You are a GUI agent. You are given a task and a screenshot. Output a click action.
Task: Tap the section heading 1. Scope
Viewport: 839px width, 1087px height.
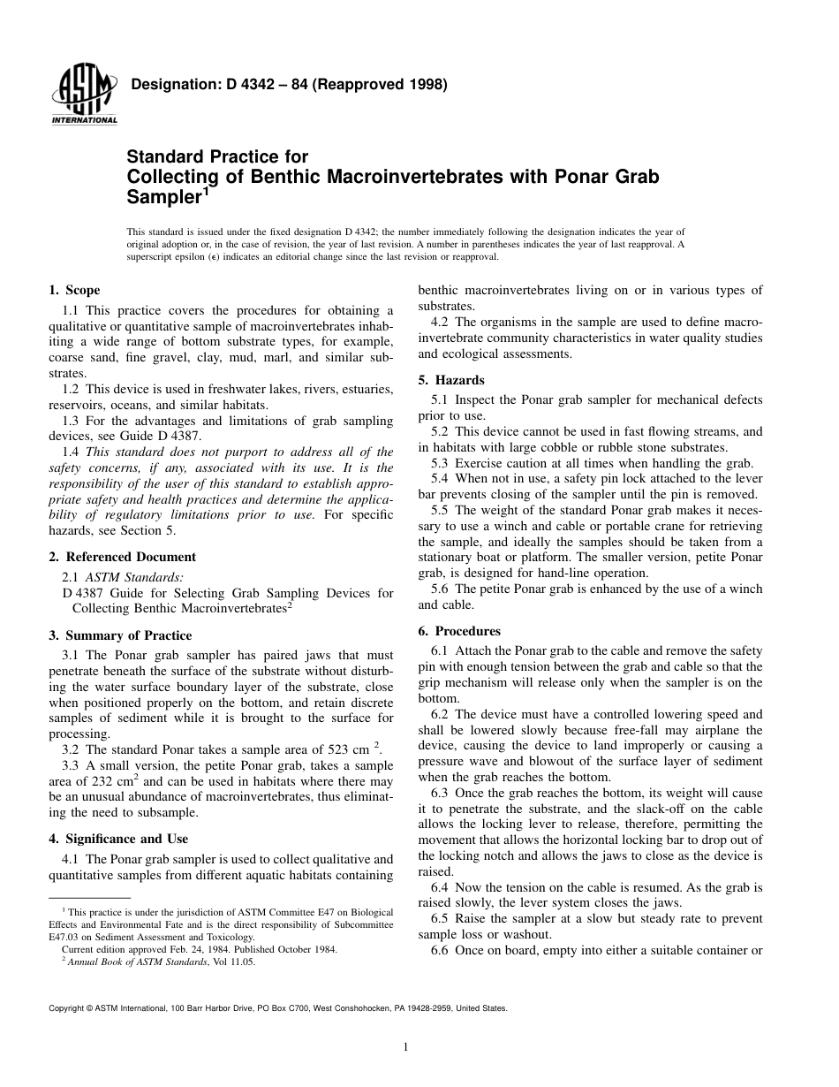(74, 291)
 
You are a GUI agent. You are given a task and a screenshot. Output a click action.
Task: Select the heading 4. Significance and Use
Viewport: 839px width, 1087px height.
(118, 839)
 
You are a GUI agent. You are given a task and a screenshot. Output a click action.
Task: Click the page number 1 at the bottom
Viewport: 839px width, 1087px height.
(404, 1048)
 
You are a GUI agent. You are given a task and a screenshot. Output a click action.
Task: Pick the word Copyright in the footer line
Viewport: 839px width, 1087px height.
(66, 1008)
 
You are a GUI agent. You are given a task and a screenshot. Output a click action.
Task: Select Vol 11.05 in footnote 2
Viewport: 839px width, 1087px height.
(234, 962)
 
